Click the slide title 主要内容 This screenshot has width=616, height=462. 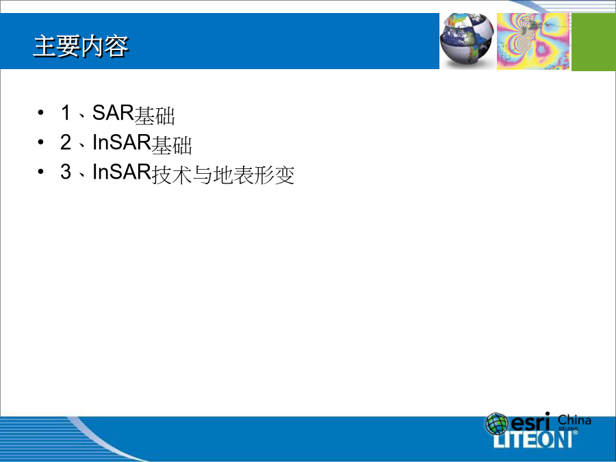[x=81, y=46]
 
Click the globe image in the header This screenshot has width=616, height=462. [x=467, y=41]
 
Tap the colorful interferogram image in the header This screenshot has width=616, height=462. [x=533, y=41]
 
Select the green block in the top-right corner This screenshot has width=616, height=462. [x=593, y=42]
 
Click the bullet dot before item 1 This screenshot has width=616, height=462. [x=40, y=113]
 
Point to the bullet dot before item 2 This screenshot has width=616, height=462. [x=40, y=142]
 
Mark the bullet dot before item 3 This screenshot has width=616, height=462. [x=40, y=172]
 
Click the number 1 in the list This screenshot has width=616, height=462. [x=66, y=112]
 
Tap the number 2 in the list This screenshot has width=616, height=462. [x=66, y=142]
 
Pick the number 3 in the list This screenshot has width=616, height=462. [x=66, y=171]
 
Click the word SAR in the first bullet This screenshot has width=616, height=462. [x=113, y=112]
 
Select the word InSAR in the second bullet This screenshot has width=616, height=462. [x=122, y=142]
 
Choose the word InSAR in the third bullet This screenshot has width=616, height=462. [x=122, y=171]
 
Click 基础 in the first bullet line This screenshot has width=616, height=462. [x=155, y=116]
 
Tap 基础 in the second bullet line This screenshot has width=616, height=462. [x=172, y=145]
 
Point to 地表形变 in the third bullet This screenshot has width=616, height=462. [x=254, y=175]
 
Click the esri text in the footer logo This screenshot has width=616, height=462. [x=530, y=422]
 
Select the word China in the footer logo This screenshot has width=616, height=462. [x=574, y=420]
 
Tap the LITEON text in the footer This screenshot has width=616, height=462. [x=532, y=440]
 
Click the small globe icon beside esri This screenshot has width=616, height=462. [x=497, y=424]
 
